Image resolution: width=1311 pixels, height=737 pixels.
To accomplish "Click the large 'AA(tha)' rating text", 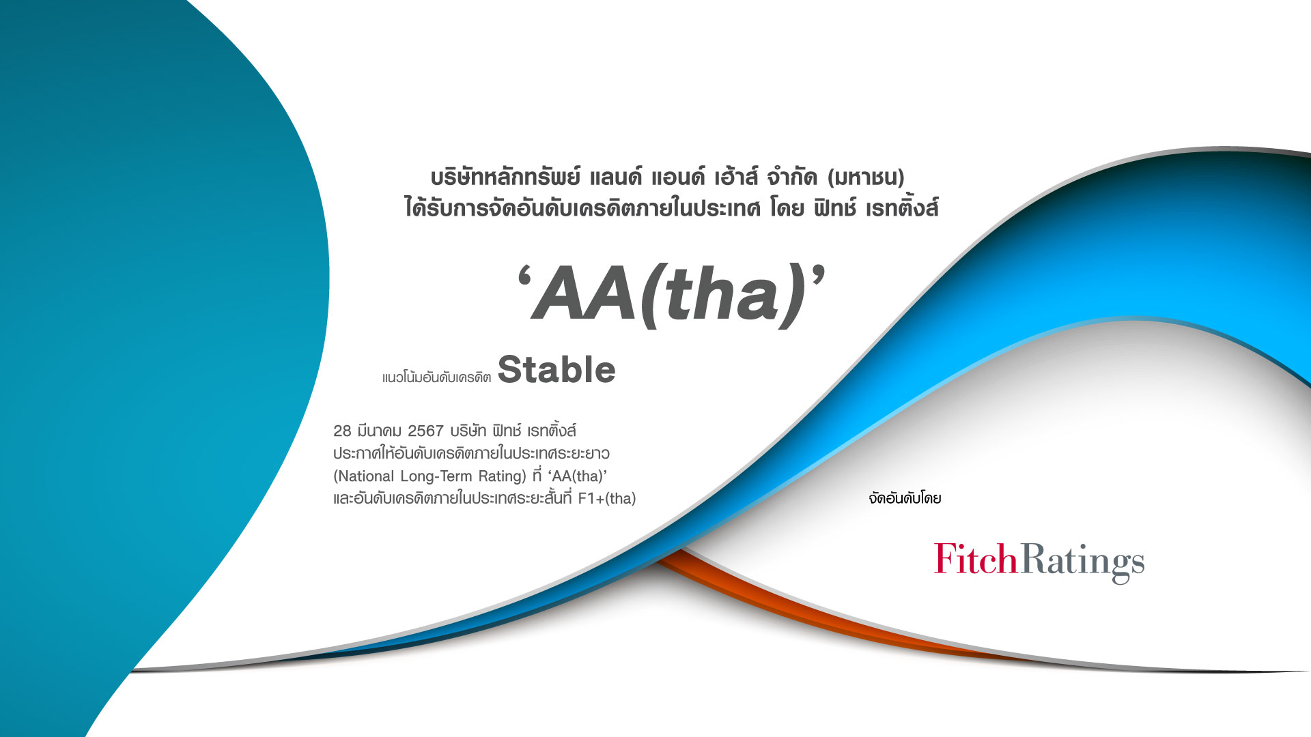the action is click(671, 294).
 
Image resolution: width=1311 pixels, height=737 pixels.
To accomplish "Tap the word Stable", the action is click(556, 370).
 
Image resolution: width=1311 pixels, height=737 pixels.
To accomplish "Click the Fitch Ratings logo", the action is click(1039, 562).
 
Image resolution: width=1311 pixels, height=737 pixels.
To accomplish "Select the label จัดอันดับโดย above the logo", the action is click(905, 498).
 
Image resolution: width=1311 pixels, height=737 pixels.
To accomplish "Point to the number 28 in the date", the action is click(342, 431).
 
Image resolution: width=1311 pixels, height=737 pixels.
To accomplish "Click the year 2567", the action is click(425, 431).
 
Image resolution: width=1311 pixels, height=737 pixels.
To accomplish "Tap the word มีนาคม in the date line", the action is click(379, 431).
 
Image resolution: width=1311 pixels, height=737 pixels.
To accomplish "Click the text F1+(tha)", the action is click(607, 498).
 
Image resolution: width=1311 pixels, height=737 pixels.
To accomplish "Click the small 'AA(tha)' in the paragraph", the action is click(578, 476).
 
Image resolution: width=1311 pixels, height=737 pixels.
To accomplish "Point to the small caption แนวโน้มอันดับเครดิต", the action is click(436, 377).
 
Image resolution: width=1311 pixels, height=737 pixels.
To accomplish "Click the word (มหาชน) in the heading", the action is click(866, 178).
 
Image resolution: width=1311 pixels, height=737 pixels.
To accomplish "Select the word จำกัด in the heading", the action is click(792, 177).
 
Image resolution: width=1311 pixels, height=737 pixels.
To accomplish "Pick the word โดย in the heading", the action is click(787, 207).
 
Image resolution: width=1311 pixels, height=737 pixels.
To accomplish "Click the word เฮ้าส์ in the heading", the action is click(736, 177).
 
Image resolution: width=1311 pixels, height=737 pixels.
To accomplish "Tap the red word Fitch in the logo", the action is click(976, 559).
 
